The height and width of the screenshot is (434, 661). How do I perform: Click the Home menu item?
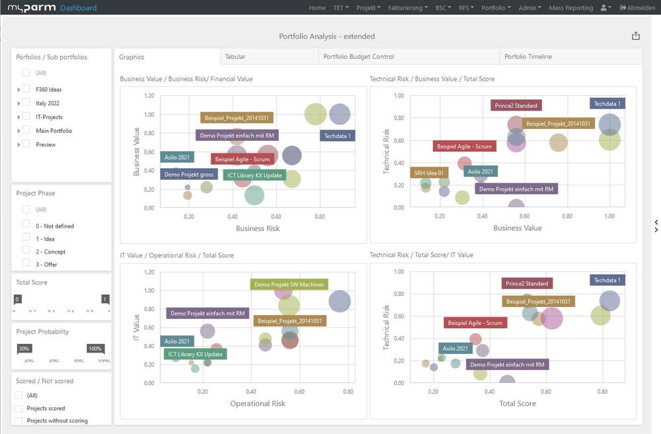click(x=317, y=8)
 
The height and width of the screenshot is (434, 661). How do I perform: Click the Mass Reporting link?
click(x=570, y=8)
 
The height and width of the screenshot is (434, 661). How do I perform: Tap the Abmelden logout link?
click(x=638, y=8)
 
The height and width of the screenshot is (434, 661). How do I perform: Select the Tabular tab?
click(x=235, y=57)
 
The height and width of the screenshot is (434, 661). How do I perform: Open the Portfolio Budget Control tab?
click(x=358, y=57)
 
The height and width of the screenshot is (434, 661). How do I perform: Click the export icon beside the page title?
click(x=636, y=36)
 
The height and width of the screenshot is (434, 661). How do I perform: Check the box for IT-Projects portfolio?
click(x=26, y=117)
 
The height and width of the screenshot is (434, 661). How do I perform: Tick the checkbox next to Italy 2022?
click(x=26, y=103)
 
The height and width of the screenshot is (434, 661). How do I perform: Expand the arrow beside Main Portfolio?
click(x=19, y=131)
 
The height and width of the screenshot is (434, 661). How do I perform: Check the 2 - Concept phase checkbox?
click(x=26, y=251)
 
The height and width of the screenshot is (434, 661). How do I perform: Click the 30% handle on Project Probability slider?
click(x=24, y=349)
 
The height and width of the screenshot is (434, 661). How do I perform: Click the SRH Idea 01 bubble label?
click(x=429, y=173)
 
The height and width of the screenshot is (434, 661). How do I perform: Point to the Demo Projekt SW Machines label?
click(x=290, y=284)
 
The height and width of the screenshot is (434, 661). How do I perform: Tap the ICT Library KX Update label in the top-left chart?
click(x=254, y=175)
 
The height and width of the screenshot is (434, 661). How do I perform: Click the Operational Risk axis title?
click(x=257, y=404)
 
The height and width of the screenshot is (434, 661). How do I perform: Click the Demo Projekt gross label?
click(x=188, y=175)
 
